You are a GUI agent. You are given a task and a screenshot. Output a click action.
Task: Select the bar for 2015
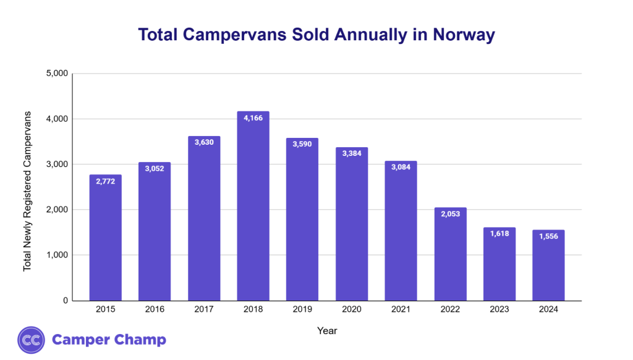point(105,238)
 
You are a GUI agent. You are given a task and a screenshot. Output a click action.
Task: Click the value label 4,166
point(253,118)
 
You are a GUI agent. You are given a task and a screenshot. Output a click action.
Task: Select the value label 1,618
point(499,234)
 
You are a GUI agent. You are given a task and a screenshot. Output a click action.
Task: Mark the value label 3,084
point(401,168)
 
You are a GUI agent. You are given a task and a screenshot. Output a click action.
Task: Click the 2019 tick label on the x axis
point(302,310)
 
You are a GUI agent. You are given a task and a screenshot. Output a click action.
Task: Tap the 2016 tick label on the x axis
point(155,310)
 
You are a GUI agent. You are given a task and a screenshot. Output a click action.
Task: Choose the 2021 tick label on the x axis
point(401,310)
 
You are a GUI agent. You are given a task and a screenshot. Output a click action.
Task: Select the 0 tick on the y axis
point(64,301)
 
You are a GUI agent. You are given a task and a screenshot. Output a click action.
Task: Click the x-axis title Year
point(327,331)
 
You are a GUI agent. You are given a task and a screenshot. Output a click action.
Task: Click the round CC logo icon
point(31,340)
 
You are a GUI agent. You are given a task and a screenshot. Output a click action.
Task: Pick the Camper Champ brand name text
point(109,340)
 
